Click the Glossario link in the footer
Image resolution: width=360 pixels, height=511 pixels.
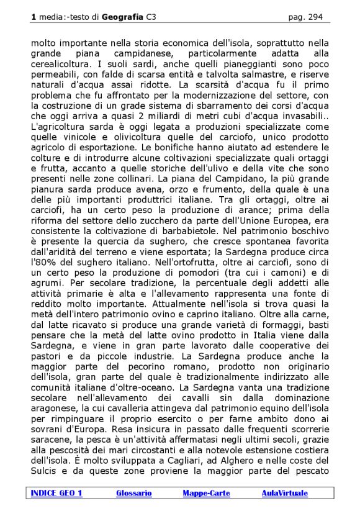tap(133, 493)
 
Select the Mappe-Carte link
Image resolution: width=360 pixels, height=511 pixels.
tap(206, 493)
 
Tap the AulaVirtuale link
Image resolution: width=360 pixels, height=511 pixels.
tap(284, 493)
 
